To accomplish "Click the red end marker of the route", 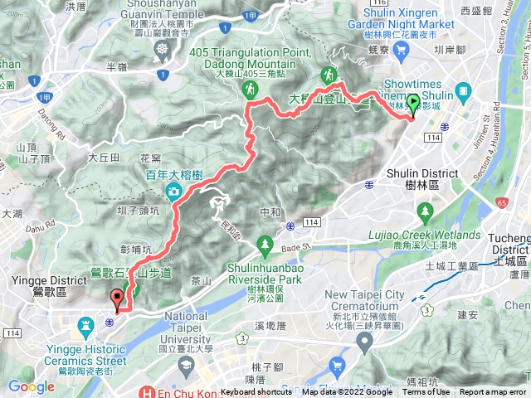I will [118, 297].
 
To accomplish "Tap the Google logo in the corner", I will [32, 386].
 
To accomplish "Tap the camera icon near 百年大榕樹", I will [174, 193].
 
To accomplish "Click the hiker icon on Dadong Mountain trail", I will [331, 73].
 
